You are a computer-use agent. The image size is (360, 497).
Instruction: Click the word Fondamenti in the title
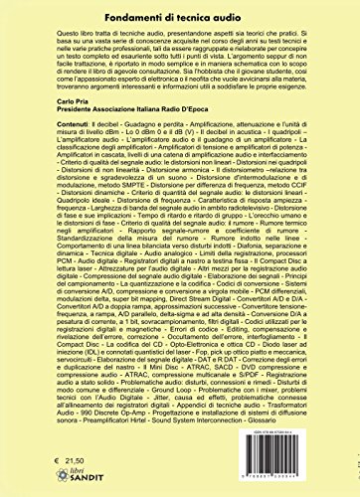pyautogui.click(x=118, y=13)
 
